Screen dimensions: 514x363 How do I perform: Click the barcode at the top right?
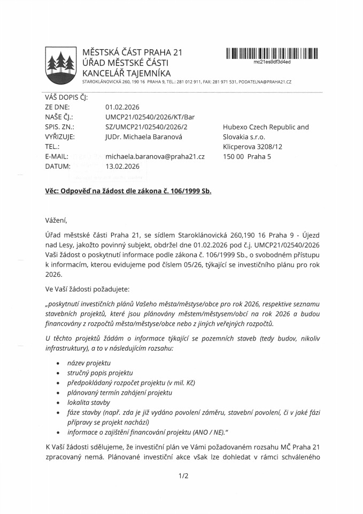(272, 53)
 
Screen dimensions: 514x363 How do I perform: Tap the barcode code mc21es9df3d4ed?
(272, 62)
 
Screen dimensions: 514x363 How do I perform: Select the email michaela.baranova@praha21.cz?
(155, 156)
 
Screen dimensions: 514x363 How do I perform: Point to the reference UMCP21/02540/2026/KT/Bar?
(150, 117)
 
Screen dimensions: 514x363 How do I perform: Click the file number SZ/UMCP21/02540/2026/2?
(146, 127)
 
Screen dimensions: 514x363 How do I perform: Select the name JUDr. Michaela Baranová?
(144, 137)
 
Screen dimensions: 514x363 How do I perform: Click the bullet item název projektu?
(89, 363)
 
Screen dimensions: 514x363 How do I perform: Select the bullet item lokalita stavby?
(89, 402)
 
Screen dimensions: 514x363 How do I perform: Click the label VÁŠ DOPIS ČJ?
(66, 97)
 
